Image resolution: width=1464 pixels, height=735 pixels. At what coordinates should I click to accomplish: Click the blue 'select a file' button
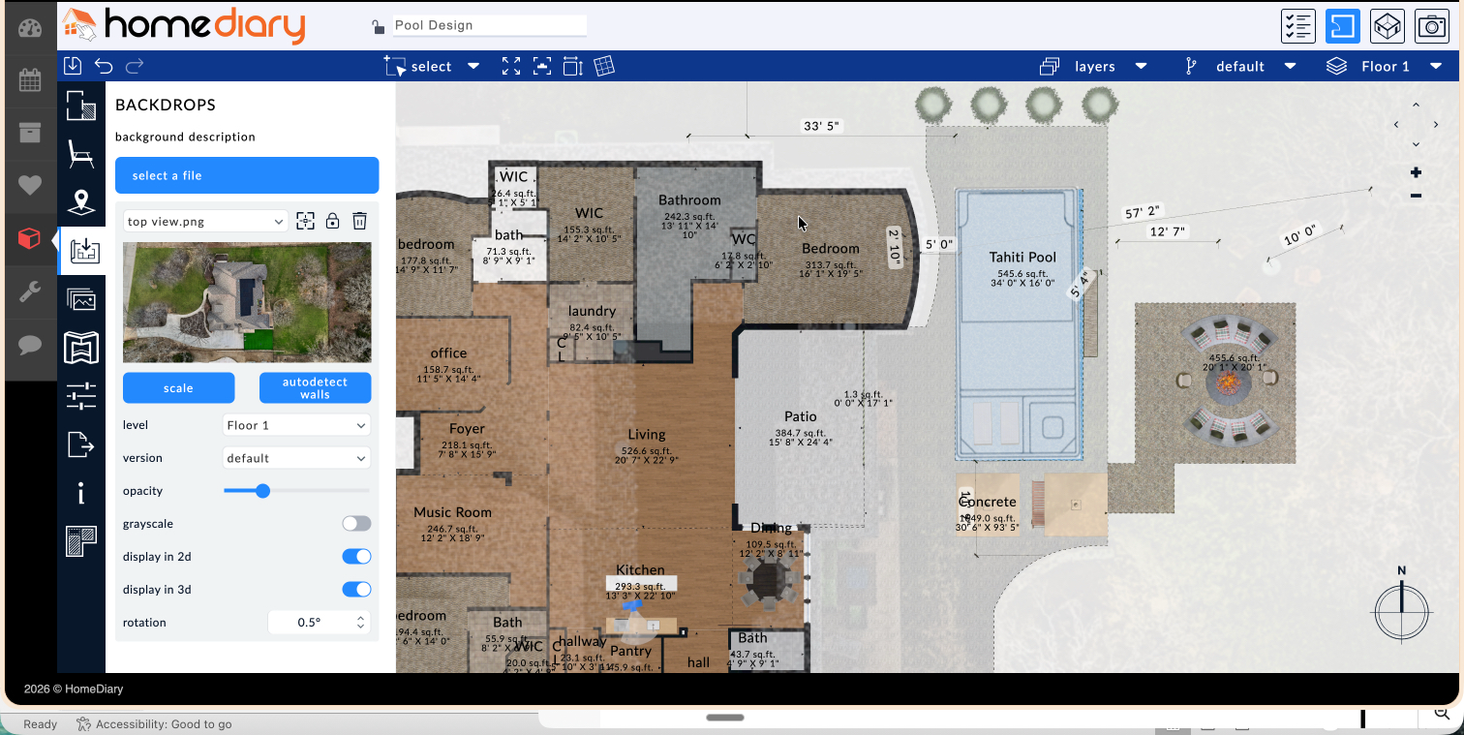247,175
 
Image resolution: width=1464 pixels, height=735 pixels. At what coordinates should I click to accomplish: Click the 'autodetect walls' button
315,388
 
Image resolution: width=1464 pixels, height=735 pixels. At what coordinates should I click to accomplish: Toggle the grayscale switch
356,524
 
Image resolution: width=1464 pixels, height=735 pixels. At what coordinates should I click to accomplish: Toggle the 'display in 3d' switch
356,590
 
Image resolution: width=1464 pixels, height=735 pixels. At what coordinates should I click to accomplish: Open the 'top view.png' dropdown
205,222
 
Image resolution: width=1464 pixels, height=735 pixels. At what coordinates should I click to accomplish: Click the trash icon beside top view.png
359,222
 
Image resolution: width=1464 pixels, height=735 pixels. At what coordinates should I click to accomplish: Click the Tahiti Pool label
1022,258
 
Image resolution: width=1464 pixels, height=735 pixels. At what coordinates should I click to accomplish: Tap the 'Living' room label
646,435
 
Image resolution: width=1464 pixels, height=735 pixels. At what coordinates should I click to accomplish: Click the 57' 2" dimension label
1142,212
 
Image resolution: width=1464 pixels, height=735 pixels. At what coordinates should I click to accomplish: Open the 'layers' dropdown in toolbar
1094,67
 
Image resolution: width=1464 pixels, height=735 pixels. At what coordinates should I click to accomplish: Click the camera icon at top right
1431,27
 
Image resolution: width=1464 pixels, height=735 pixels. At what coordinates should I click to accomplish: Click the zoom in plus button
1416,173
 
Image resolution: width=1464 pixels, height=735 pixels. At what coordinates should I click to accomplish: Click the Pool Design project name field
489,26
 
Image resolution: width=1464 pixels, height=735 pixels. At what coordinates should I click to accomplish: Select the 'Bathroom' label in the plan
689,200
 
